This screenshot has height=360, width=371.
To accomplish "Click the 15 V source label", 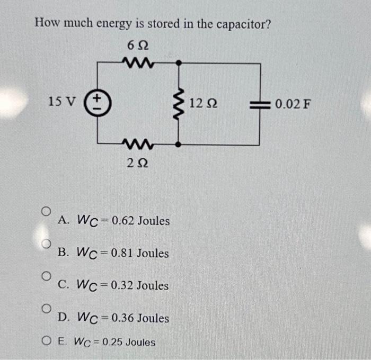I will click(62, 101).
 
